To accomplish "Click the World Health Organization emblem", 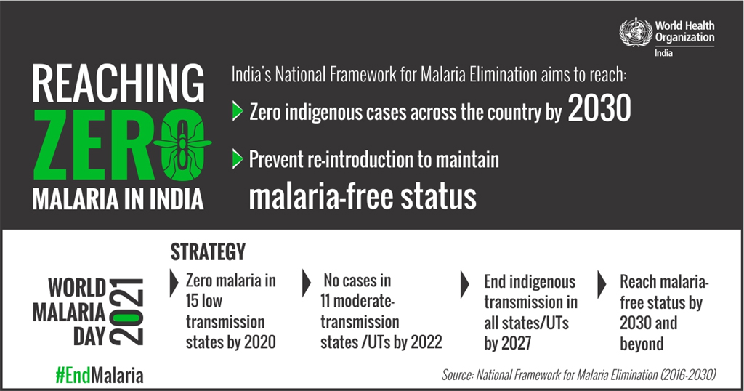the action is point(636,32).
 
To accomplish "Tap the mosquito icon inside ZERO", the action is point(182,143).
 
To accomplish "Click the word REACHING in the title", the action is point(118,84).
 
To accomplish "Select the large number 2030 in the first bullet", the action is point(599,108).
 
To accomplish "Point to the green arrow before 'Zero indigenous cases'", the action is point(238,111).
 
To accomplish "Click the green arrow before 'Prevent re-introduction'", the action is point(238,159).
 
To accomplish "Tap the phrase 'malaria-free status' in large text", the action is point(363,196).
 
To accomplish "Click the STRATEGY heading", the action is point(208,252).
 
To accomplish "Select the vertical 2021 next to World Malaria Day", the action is point(126,311).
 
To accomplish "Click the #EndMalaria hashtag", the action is point(99,375).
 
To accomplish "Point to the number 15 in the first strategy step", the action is point(192,301).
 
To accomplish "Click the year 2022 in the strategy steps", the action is point(426,342).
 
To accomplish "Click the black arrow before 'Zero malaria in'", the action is point(174,283).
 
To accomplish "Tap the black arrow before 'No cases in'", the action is point(307,283).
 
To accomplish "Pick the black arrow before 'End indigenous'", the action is point(465,284).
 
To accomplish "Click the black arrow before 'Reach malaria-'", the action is point(602,284).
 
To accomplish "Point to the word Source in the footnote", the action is point(458,375).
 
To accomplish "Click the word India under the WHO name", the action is point(664,53).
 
